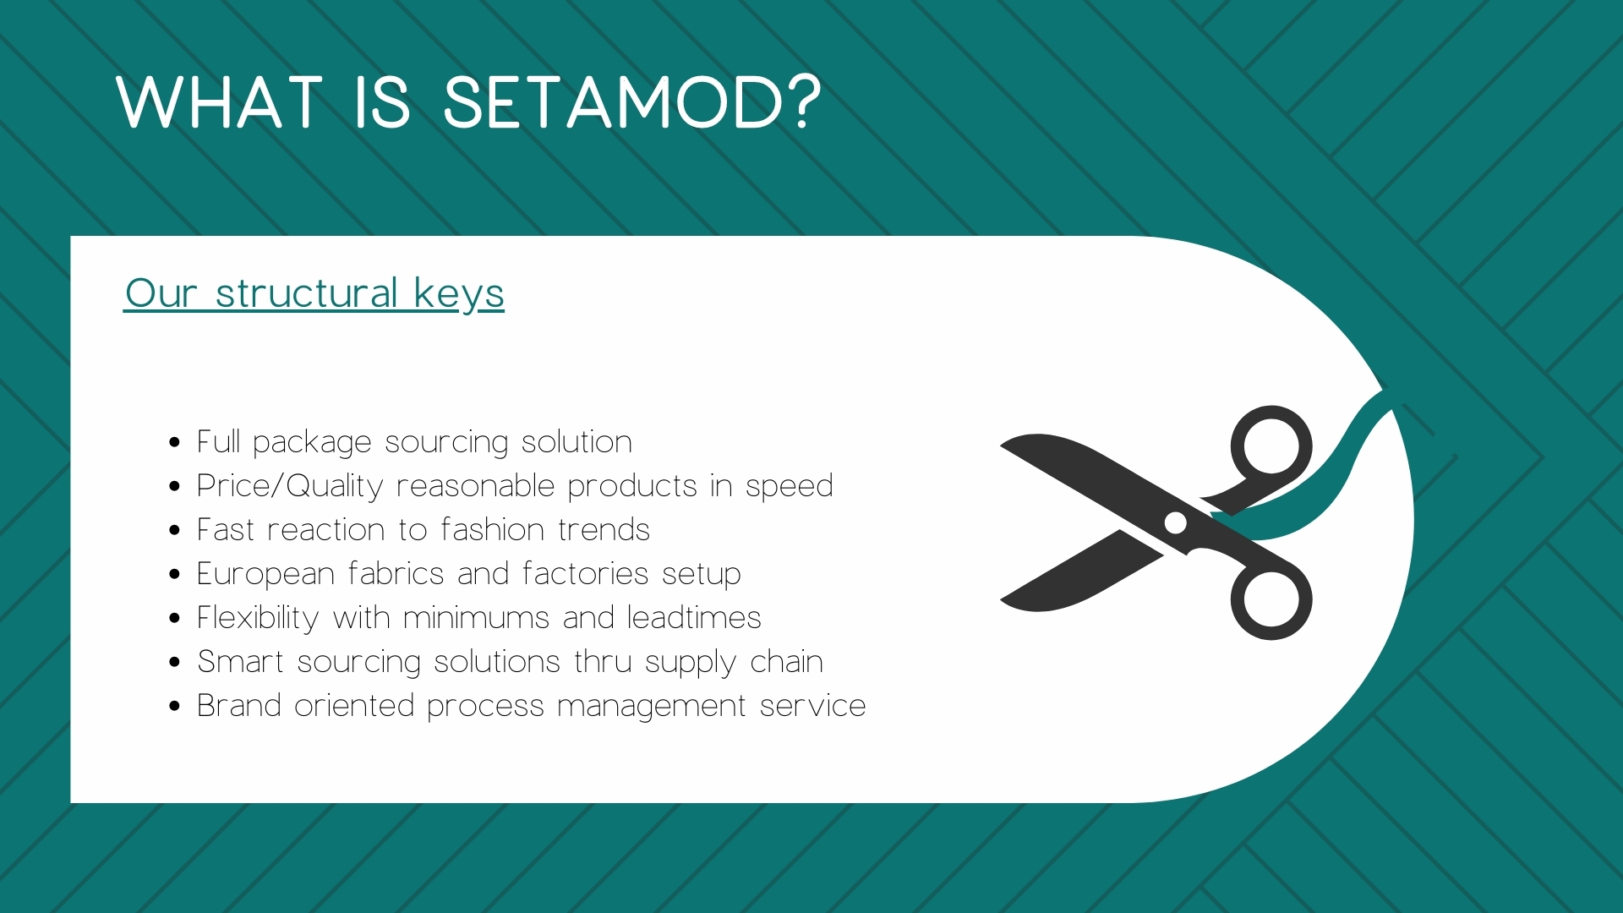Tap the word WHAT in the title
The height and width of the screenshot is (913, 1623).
click(220, 103)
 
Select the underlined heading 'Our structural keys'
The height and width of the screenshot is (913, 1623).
click(314, 294)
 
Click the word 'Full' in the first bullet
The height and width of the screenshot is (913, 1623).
click(218, 441)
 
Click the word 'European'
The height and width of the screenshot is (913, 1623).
click(265, 574)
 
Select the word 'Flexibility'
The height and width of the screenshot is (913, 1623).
click(257, 619)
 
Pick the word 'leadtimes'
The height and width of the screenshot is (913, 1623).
click(694, 617)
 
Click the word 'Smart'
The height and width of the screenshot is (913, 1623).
click(240, 661)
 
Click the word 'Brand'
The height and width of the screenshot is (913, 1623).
click(238, 705)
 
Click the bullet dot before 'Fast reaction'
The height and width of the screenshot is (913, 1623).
click(175, 531)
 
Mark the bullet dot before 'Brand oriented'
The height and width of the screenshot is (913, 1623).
click(175, 707)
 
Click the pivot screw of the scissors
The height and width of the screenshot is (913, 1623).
click(1176, 522)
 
